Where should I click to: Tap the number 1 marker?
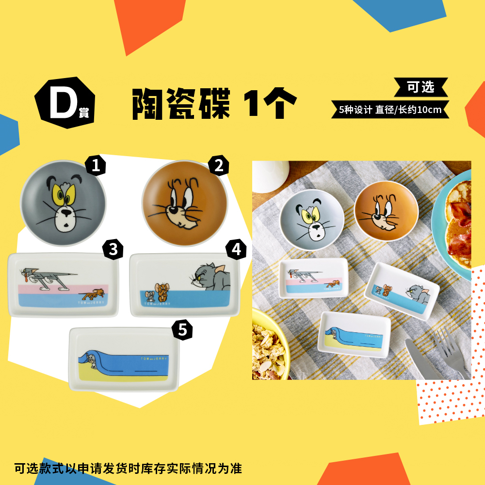tap(96, 166)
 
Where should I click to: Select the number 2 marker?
tap(218, 166)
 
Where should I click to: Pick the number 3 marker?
tap(113, 250)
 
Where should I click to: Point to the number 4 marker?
tap(236, 250)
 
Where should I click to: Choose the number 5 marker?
tap(182, 330)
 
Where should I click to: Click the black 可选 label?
tap(420, 87)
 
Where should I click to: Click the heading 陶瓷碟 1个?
tap(214, 103)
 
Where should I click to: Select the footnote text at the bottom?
tap(128, 469)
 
